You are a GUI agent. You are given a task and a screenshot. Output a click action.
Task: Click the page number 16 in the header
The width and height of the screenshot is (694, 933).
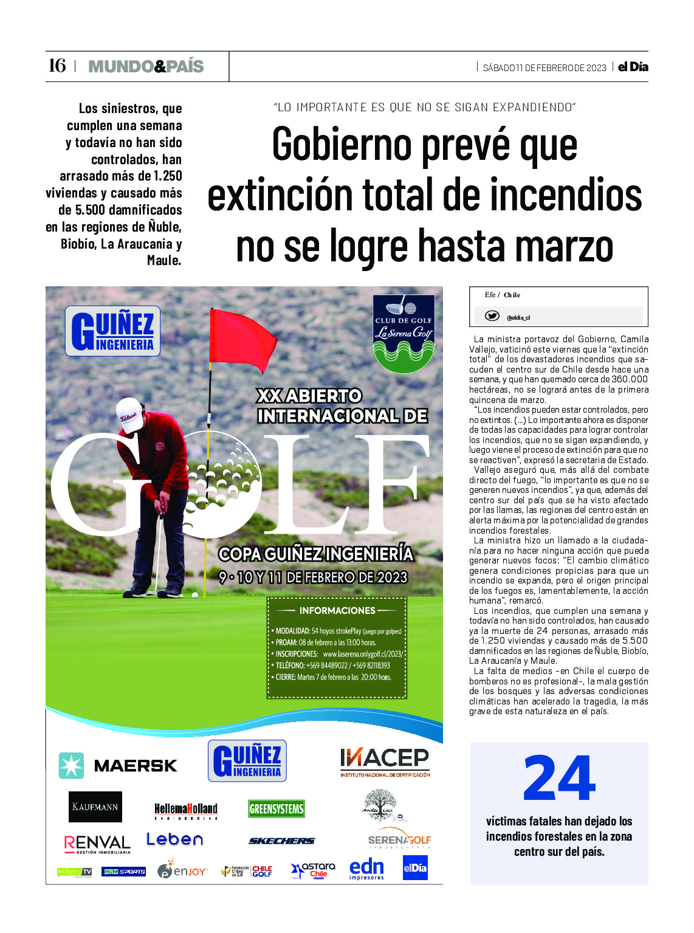coord(57,66)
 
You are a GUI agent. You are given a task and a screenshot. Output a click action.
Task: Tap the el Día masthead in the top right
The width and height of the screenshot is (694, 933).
coord(633,67)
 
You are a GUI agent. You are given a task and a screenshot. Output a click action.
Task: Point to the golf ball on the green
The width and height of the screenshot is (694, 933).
coord(195,595)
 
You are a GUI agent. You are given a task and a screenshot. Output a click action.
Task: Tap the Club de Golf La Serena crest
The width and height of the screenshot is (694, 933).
coord(404,333)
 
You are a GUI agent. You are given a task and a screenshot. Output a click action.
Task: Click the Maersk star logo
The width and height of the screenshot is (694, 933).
coord(71,765)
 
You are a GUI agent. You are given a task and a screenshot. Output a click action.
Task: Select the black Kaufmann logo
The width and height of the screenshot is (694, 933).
coord(95,807)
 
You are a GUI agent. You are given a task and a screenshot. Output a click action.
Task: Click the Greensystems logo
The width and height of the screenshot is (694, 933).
coord(277,809)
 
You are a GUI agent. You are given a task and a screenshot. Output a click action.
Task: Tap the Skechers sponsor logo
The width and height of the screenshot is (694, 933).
coord(281,841)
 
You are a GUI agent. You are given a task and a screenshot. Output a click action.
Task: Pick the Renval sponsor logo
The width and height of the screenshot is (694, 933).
coord(97,844)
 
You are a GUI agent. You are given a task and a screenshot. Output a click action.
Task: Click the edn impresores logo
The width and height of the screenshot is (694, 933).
coord(366,869)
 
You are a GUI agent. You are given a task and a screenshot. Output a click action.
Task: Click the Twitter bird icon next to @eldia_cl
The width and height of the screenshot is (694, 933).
coord(492,316)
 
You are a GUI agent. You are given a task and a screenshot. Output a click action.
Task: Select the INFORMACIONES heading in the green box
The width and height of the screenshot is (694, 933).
coord(337,610)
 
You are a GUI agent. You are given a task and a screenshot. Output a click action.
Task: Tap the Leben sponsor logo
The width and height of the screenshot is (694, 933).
coord(174,839)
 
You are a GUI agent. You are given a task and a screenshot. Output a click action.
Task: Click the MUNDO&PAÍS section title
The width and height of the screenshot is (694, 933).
coord(146,66)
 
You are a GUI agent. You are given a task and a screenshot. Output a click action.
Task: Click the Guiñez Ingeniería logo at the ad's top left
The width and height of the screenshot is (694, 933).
coord(113,331)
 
